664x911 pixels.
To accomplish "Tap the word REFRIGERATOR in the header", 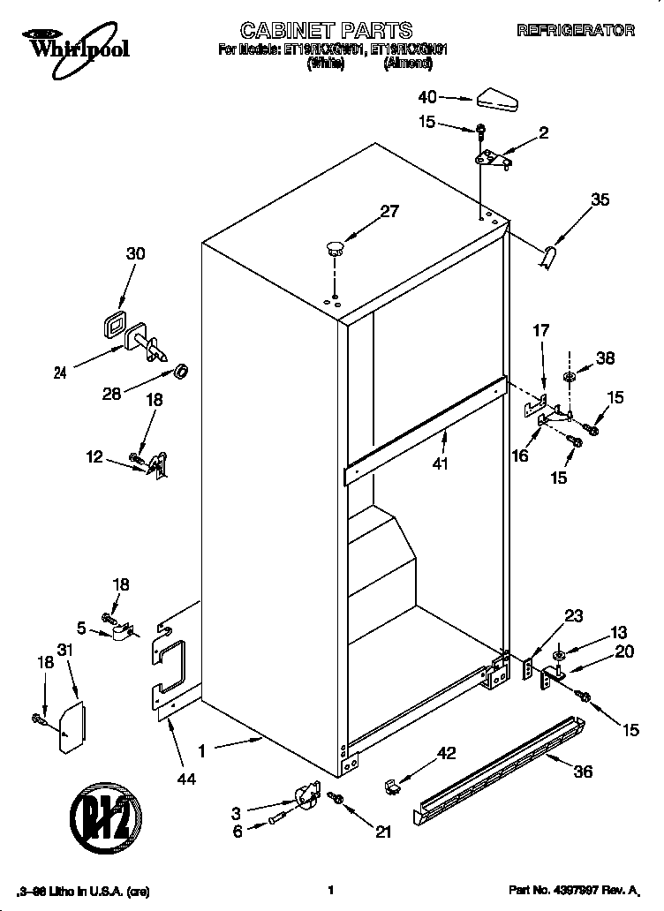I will click(575, 31).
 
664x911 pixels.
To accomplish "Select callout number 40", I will click(427, 97).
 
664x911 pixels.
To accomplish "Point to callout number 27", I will click(389, 211).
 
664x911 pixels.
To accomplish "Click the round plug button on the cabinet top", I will click(335, 246).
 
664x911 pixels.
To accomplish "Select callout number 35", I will click(600, 200).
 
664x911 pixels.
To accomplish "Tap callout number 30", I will click(135, 253).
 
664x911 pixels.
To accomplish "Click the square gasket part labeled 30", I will click(113, 326).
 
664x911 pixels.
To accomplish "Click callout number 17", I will click(540, 331).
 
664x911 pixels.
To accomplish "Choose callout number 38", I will click(605, 358).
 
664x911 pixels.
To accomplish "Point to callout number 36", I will click(582, 772).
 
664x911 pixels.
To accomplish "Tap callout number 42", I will click(447, 753).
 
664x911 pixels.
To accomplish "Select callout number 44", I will click(186, 779).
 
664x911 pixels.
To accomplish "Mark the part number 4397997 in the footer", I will click(574, 892).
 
